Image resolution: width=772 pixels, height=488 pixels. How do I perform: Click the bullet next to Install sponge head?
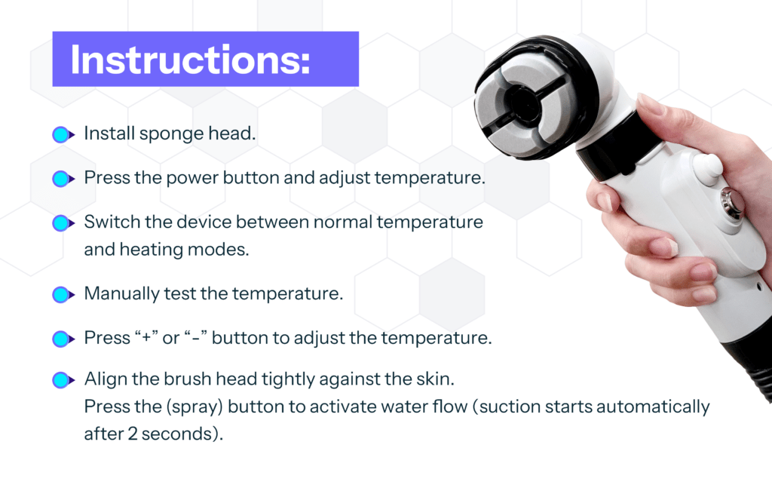coord(63,134)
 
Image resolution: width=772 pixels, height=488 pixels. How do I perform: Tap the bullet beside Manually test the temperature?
coord(63,294)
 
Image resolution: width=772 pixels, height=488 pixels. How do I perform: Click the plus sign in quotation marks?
coord(146,339)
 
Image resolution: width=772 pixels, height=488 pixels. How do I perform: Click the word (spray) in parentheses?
coord(195,407)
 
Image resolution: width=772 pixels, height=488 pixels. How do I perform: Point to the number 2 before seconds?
coord(133,434)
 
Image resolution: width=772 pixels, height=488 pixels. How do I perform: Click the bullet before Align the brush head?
coord(63,380)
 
